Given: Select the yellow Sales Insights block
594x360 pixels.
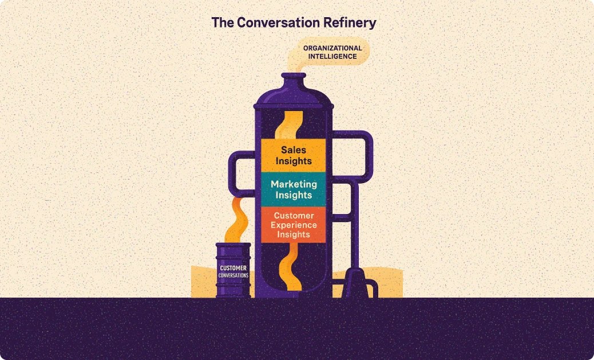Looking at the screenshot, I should pos(294,155).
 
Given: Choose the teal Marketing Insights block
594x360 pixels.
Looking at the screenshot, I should pos(294,189).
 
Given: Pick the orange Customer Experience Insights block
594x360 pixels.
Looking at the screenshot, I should pos(294,224).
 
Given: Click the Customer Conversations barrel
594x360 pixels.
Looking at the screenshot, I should pos(233,270).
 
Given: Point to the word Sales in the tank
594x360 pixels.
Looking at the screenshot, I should pos(294,149).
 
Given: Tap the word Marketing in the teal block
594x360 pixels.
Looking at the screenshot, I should pos(294,184).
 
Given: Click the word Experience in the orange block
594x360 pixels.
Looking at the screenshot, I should pos(294,225).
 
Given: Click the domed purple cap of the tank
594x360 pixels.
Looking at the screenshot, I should pos(294,98).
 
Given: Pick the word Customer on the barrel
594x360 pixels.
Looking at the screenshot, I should pos(233,267).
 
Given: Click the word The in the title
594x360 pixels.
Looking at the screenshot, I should pos(221,23).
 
